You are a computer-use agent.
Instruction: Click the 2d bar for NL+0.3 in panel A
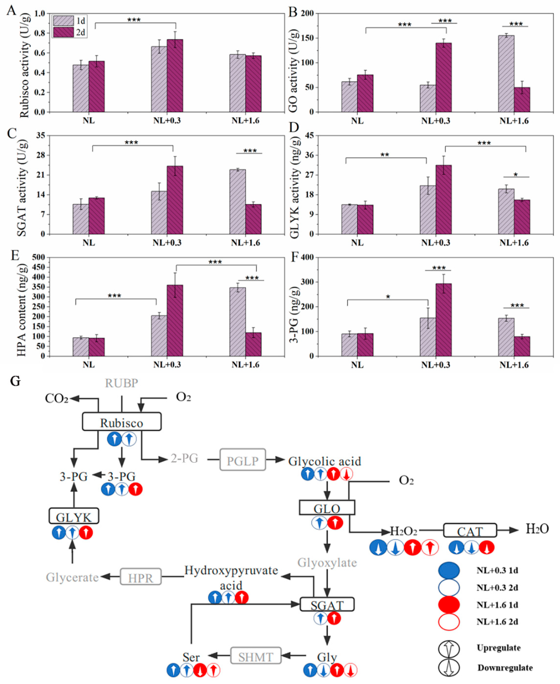[175, 76]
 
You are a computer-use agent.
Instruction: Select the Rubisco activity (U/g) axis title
[24, 65]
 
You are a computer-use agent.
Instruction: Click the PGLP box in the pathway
[243, 460]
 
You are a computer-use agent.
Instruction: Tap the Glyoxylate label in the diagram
[327, 563]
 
